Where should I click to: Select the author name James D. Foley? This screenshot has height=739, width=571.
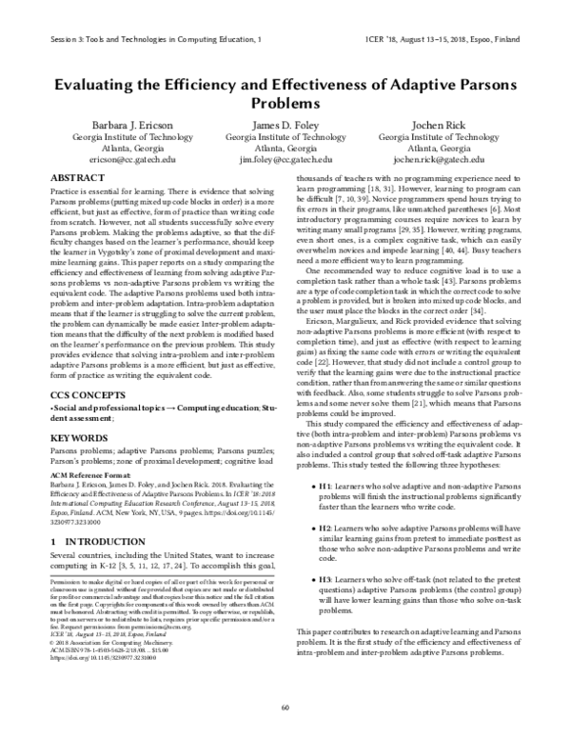tap(285, 125)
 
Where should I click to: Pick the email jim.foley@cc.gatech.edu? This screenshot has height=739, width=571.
tap(285, 163)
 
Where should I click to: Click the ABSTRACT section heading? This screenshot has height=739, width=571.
tap(79, 178)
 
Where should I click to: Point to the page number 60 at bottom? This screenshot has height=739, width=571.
tap(285, 706)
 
